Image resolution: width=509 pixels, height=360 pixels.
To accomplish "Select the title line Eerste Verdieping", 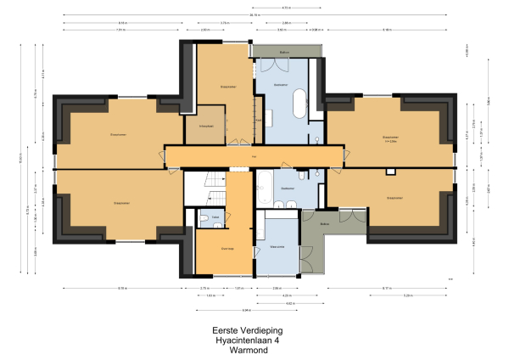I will (247, 331).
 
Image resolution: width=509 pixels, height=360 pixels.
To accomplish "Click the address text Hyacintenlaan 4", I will (247, 340).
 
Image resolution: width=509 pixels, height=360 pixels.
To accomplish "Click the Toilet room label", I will (216, 217).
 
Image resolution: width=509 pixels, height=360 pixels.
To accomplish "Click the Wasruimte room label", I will (277, 247).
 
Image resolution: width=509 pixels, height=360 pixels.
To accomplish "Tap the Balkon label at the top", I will (285, 52).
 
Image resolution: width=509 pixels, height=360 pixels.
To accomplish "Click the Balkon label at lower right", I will (325, 224).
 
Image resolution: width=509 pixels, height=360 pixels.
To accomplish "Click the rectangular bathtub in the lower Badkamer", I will (265, 186).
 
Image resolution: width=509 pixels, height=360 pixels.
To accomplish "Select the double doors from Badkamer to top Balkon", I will (283, 68).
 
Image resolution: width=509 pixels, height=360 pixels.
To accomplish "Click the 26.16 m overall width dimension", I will (255, 14).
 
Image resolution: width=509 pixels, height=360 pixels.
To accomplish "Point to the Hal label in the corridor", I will (255, 157).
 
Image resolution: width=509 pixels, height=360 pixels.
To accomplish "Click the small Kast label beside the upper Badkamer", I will (258, 120).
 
